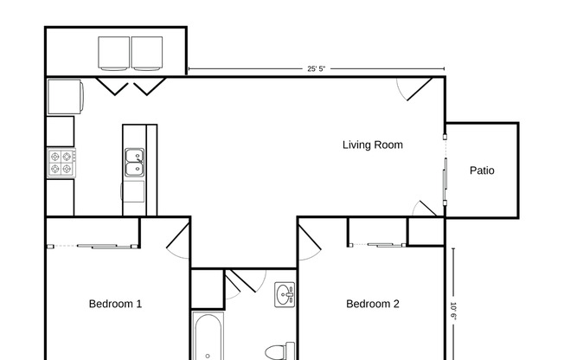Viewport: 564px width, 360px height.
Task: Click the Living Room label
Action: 372,145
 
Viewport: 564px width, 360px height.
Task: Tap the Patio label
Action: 482,170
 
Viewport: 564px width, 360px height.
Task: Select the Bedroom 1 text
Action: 115,304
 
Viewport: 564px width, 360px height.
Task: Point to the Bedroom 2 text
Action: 373,304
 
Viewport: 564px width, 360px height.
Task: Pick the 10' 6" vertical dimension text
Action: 453,308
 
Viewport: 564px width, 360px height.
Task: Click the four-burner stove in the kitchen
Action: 61,163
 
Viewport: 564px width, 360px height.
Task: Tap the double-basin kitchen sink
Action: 134,162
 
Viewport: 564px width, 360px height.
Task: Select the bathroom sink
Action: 285,295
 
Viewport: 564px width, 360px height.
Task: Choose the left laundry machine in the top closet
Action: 114,53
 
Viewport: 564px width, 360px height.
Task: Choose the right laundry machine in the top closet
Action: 146,53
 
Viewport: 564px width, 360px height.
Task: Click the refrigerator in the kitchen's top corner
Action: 64,96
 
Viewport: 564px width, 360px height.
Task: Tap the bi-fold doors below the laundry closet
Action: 130,86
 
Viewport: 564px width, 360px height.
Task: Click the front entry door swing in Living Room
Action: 416,87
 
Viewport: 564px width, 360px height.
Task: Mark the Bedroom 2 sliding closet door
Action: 379,245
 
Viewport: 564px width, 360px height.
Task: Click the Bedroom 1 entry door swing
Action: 177,239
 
